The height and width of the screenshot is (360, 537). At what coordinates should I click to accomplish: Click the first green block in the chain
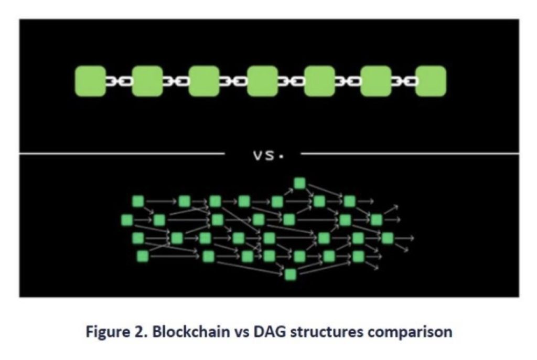(90, 81)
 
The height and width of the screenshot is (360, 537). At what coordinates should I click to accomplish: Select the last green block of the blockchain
(431, 81)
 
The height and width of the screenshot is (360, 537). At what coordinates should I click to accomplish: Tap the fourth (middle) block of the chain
(262, 81)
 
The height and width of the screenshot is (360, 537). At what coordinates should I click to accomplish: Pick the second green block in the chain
(147, 81)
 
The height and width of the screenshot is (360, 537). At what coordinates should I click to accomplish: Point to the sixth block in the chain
(376, 81)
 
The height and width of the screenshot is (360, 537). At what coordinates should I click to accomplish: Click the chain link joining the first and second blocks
(119, 81)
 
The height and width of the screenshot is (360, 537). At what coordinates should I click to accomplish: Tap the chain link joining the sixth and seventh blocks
(404, 81)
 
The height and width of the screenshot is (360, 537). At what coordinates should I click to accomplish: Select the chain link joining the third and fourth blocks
(233, 81)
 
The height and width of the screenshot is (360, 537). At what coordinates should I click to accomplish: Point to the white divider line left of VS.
(121, 154)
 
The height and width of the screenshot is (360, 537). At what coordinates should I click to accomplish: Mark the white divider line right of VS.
(409, 154)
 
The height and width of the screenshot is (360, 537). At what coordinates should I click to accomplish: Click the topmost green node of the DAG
(299, 183)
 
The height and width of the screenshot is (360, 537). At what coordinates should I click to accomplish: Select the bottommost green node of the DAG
(291, 274)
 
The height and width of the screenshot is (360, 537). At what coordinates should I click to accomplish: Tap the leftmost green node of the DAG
(126, 219)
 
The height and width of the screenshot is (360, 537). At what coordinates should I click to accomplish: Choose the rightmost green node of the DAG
(388, 238)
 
